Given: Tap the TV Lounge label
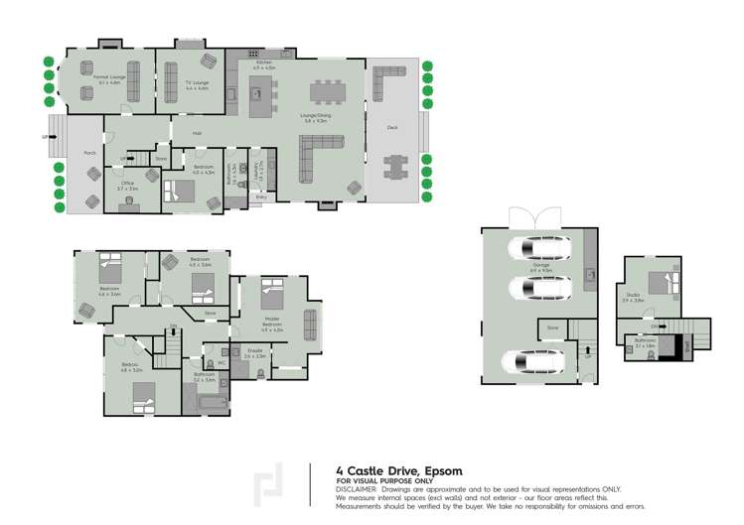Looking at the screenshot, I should pos(197,82).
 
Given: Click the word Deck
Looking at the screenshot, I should pos(392,127).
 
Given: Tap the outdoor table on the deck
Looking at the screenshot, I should pos(396,165).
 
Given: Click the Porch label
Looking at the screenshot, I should pos(89,153).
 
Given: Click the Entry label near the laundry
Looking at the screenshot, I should pos(261,197).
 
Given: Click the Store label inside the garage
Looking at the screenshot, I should pos(552,327).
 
